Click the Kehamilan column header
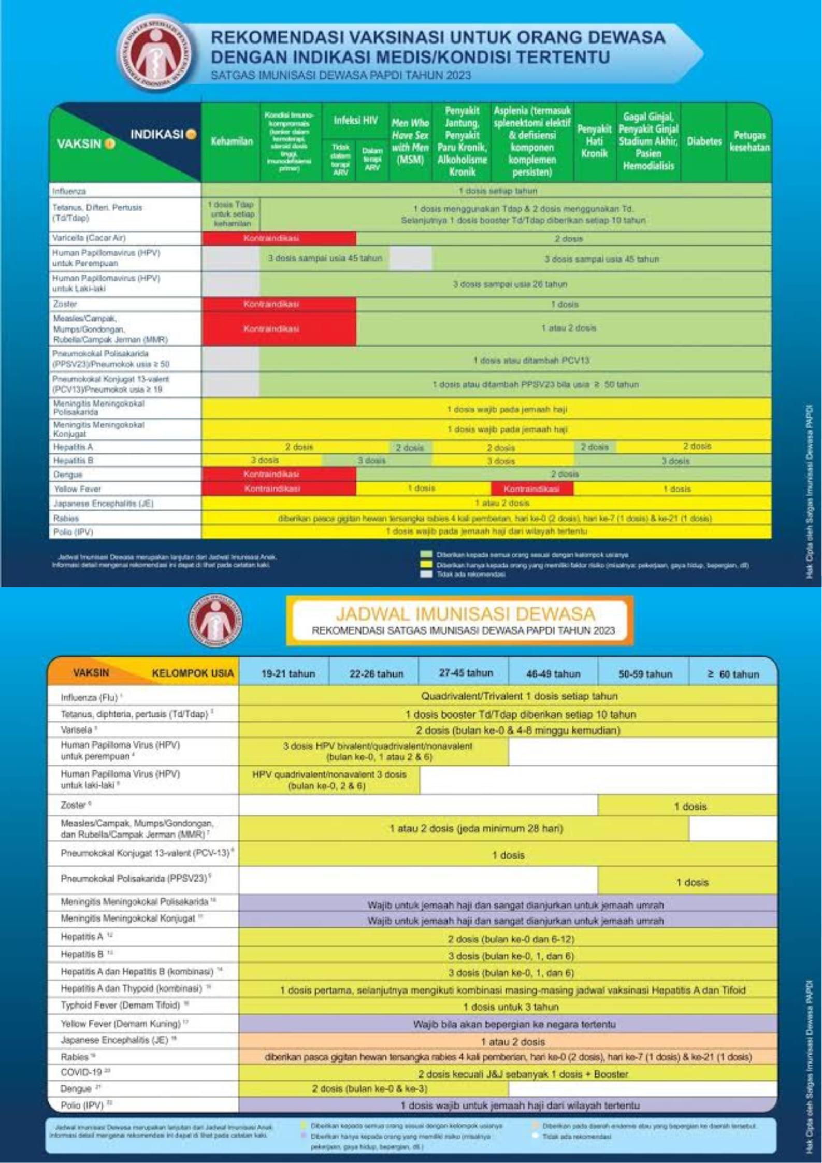(231, 141)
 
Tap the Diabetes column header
(704, 141)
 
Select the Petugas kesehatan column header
(749, 141)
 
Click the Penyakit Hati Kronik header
(595, 141)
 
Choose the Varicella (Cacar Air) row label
(89, 238)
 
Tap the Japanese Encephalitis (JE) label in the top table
(103, 504)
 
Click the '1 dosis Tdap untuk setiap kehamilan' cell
(232, 214)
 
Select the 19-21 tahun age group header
(288, 674)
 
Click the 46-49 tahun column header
(553, 674)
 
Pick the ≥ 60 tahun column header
(733, 674)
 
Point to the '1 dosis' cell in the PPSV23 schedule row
(692, 882)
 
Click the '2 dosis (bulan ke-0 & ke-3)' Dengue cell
(369, 1088)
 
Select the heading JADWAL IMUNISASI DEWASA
(465, 614)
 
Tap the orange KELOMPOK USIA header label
(193, 673)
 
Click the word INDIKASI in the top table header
(157, 135)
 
